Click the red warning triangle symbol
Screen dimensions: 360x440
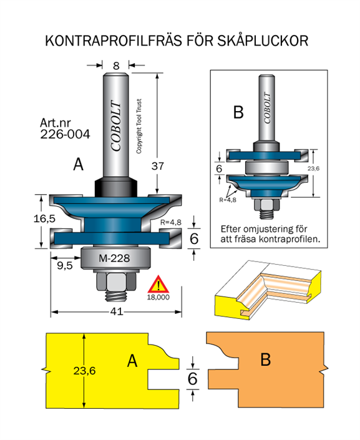pyautogui.click(x=158, y=284)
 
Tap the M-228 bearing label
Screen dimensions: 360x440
pyautogui.click(x=114, y=258)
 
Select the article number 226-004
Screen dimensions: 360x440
pyautogui.click(x=65, y=134)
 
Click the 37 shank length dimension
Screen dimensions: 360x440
pyautogui.click(x=158, y=166)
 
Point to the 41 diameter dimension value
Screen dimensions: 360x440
pyautogui.click(x=117, y=311)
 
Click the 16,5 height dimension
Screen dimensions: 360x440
pyautogui.click(x=44, y=218)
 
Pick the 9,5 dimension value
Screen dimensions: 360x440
pyautogui.click(x=65, y=265)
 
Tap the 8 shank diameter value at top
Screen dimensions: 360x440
pyautogui.click(x=116, y=66)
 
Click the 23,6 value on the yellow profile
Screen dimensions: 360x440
pyautogui.click(x=84, y=371)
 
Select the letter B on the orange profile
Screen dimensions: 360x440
pyautogui.click(x=265, y=359)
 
